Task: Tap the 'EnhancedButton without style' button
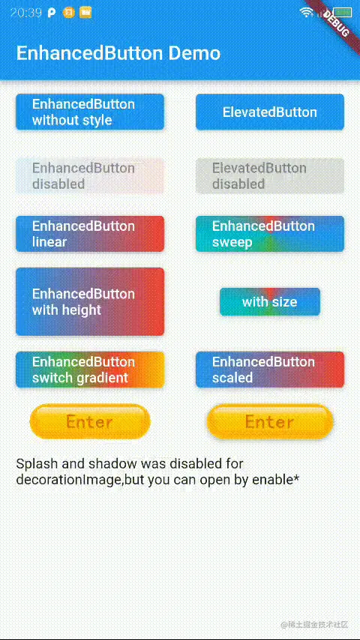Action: click(x=90, y=112)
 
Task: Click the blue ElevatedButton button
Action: click(x=270, y=112)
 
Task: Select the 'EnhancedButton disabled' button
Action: click(x=90, y=176)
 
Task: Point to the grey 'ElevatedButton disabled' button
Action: click(x=270, y=176)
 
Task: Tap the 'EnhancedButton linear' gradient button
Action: click(x=90, y=234)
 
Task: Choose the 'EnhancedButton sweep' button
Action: click(x=270, y=234)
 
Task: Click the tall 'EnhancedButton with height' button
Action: click(x=90, y=301)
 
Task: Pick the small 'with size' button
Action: click(x=270, y=302)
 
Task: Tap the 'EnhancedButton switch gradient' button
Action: click(x=90, y=369)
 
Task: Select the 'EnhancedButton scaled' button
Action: click(x=270, y=369)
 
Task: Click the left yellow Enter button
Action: click(x=90, y=421)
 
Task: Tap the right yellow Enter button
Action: click(x=269, y=421)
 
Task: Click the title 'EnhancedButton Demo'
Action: click(x=118, y=53)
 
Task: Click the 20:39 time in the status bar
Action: click(x=25, y=12)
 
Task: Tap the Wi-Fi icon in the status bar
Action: click(x=306, y=12)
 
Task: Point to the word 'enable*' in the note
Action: click(x=275, y=480)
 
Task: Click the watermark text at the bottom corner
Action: click(x=314, y=624)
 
